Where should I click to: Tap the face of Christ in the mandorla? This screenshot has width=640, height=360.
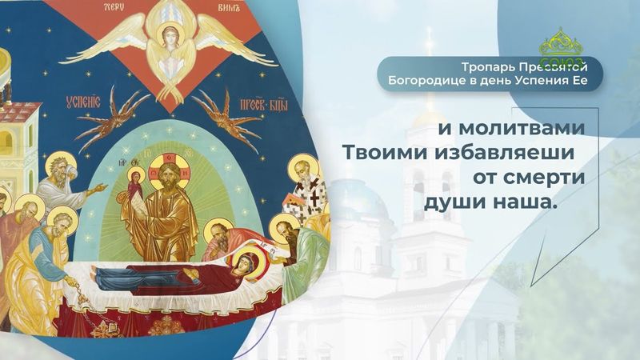170,170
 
